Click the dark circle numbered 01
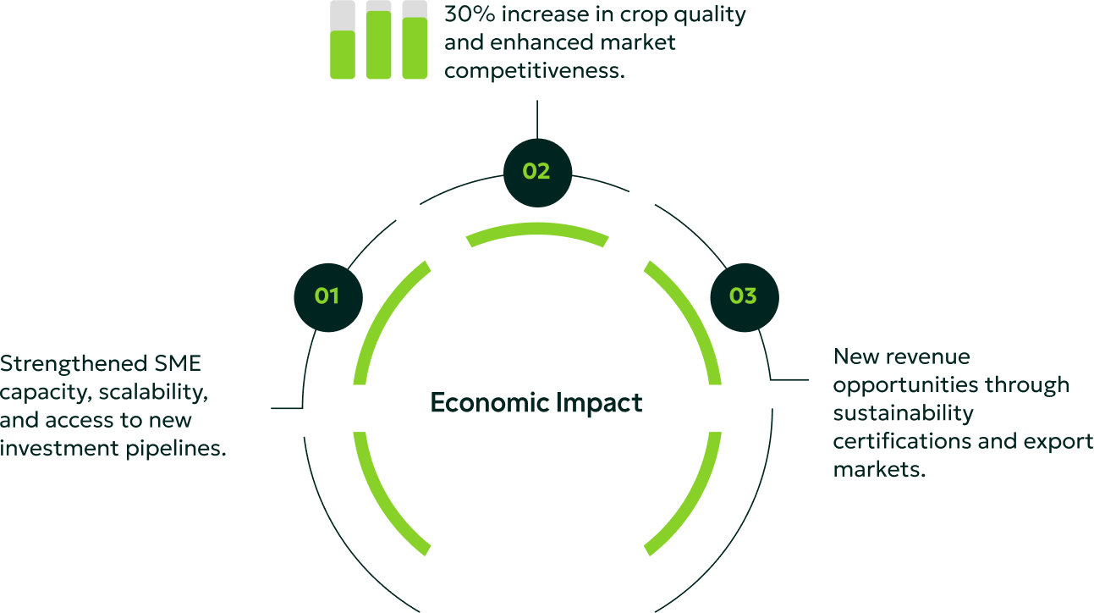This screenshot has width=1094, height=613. pyautogui.click(x=328, y=297)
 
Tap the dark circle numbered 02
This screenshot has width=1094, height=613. pyautogui.click(x=537, y=173)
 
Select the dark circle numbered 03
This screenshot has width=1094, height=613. pyautogui.click(x=745, y=297)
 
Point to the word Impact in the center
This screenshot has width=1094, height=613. pyautogui.click(x=599, y=404)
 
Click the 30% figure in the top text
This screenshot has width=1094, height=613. pyautogui.click(x=470, y=14)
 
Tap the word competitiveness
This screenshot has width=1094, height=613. pyautogui.click(x=534, y=71)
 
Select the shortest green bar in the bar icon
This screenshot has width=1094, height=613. pyautogui.click(x=343, y=54)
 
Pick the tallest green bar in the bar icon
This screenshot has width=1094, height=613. pyautogui.click(x=378, y=45)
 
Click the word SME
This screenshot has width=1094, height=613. pyautogui.click(x=178, y=363)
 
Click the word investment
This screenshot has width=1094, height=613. pyautogui.click(x=59, y=448)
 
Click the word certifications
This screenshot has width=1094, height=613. pyautogui.click(x=902, y=441)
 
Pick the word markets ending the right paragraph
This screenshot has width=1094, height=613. pyautogui.click(x=879, y=470)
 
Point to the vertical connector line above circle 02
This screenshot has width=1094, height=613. pyautogui.click(x=537, y=119)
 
